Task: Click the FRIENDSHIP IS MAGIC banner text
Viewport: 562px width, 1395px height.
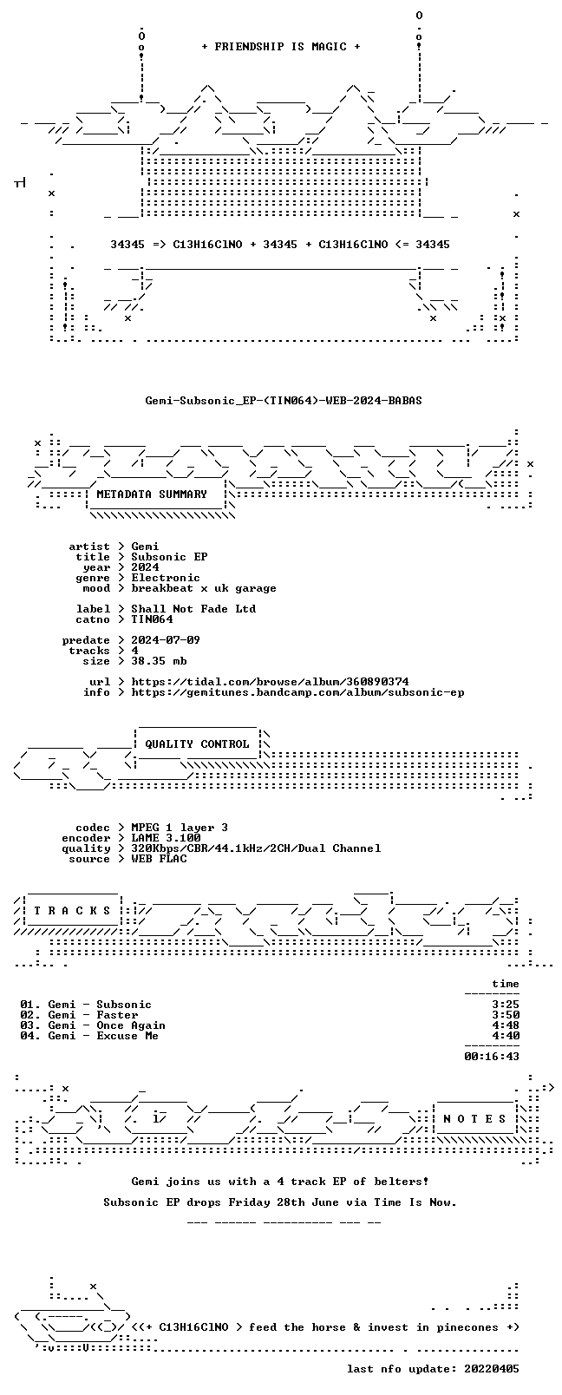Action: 281,47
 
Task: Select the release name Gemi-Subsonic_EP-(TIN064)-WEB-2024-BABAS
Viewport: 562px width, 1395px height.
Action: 284,401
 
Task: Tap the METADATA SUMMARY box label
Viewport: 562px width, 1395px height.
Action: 152,494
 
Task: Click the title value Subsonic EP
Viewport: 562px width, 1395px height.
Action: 169,557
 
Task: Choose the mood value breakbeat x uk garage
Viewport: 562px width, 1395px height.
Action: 204,588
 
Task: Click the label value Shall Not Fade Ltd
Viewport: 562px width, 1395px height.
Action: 193,609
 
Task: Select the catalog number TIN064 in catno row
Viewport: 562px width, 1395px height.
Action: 152,619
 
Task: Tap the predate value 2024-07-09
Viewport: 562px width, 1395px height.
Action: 166,640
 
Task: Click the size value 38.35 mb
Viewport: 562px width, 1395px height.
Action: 159,661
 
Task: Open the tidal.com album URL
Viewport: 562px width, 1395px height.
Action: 270,682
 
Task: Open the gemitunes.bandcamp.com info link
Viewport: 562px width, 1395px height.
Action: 297,692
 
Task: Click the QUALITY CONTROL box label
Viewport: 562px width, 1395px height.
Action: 197,744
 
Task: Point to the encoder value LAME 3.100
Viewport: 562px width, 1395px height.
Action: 166,838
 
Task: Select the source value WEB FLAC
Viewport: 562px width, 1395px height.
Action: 159,859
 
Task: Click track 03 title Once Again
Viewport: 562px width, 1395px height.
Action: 131,1025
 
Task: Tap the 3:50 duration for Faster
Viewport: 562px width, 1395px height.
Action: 506,1015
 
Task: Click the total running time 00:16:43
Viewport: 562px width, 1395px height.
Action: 492,1057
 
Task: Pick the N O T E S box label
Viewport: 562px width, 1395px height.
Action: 475,1119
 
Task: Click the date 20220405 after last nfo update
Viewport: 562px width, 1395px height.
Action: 492,1369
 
